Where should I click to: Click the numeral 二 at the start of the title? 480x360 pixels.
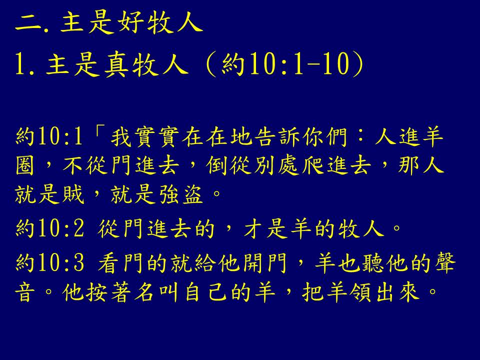click(28, 23)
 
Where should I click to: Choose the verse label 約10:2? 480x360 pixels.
click(49, 228)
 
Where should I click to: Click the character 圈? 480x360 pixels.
click(24, 165)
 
